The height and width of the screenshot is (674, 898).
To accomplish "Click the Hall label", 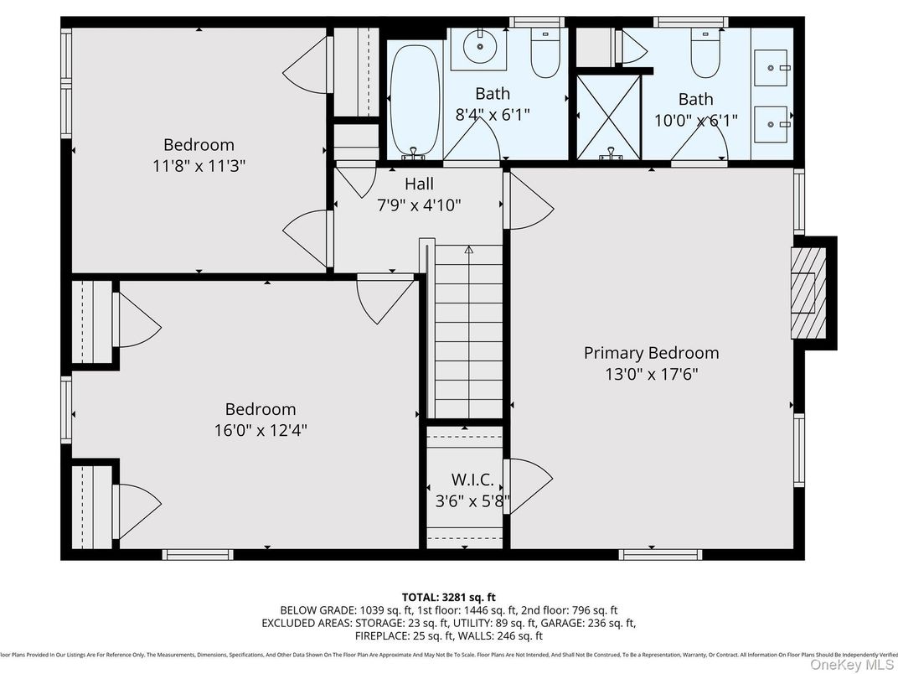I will (419, 184).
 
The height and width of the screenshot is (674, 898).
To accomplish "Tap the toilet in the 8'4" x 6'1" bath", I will (545, 54).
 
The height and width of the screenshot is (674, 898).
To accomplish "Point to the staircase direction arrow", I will (468, 250).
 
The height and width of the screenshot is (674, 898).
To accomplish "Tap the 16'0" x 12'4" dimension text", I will (261, 431).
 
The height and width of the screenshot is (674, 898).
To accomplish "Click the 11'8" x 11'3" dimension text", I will (199, 166).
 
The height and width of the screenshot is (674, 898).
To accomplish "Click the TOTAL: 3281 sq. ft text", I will (449, 597).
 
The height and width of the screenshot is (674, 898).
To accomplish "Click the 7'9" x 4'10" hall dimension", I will (419, 205).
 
